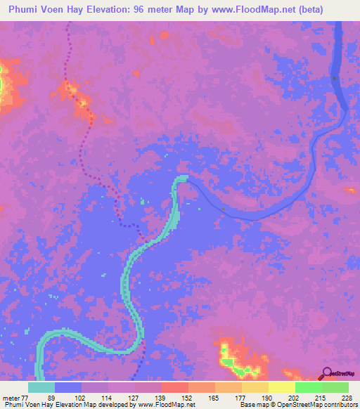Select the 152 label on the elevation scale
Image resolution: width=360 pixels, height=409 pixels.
(174, 397)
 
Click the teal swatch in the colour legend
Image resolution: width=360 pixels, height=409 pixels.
(41, 387)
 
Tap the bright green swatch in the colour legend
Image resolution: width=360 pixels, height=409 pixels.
(308, 387)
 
